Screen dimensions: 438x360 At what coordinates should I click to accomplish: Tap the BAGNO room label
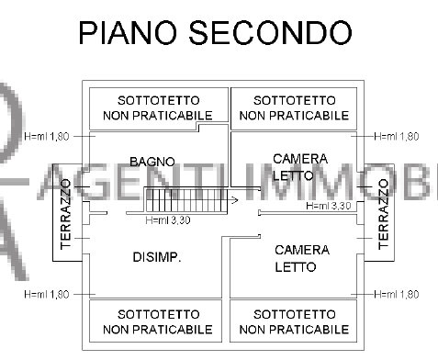coord(152,162)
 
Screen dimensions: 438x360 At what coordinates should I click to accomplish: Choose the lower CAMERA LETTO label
coord(295,258)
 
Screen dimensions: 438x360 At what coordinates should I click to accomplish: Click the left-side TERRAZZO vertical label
coord(65,213)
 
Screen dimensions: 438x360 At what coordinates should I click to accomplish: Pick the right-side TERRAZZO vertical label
coord(383,212)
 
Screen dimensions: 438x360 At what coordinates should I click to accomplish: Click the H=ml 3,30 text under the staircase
coord(168,220)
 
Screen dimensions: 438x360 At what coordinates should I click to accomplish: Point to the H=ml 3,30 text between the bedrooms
coord(329,206)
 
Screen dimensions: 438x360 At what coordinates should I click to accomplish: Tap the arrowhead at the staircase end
coord(235,198)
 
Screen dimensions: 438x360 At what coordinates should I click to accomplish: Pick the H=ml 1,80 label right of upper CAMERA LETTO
coord(397,136)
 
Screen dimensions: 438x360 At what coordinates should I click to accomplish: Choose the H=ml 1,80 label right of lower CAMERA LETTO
coord(397,294)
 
